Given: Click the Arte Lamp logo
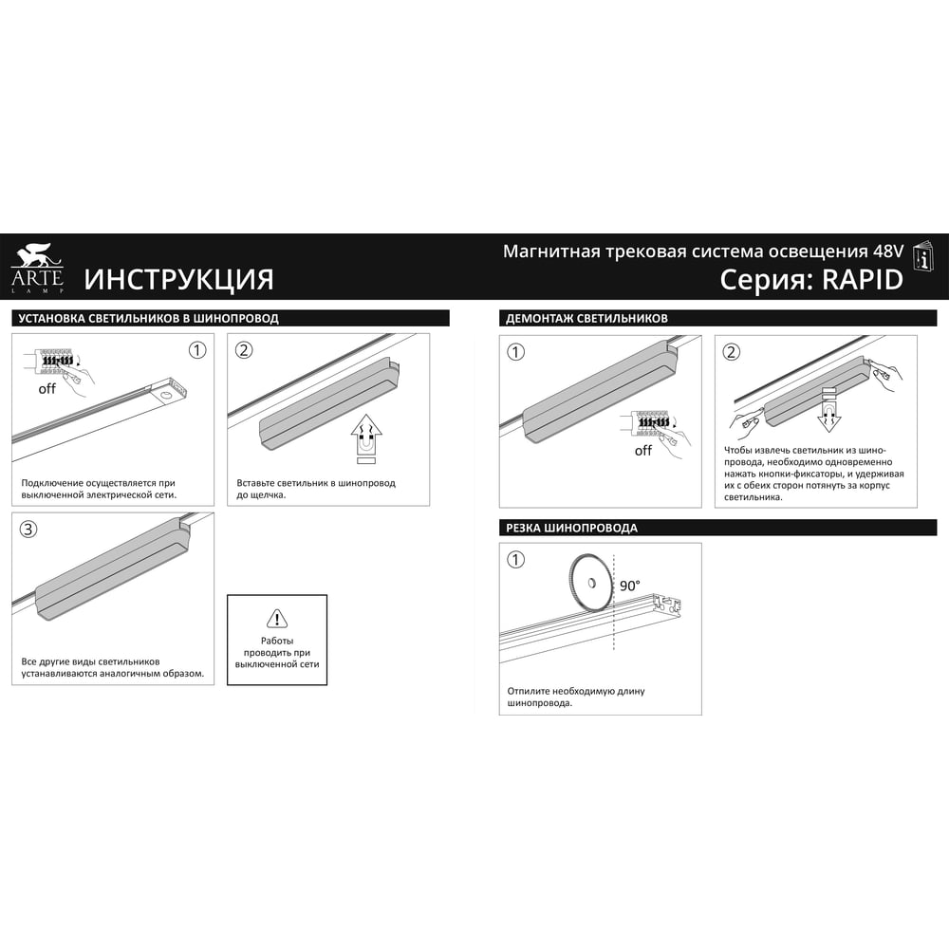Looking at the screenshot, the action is point(37,269).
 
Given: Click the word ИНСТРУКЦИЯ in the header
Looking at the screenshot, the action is point(178,280).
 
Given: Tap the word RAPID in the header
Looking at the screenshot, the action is point(863,280).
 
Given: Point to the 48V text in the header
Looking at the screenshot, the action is point(888,251).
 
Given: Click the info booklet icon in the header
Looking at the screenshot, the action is point(923,257).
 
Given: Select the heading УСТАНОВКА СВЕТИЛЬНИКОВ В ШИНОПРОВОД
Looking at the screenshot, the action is point(148,318).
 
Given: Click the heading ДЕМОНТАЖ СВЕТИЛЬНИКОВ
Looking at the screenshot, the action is point(586,318).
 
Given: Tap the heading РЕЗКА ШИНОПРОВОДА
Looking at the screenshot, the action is point(571,528).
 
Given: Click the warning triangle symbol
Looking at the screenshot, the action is point(277,619).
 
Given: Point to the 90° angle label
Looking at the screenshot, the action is point(629,586).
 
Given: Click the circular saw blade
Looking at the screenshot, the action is point(590,583).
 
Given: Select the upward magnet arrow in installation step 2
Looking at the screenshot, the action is point(366,435).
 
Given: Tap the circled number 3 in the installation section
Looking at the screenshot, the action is point(28,530).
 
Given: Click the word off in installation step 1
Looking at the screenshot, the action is point(47,388).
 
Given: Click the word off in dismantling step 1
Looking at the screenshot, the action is point(643,450).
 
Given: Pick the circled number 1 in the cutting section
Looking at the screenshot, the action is point(515,559).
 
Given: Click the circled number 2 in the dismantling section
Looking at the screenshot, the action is point(731,352).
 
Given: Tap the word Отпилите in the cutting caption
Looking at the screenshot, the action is point(529,691).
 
